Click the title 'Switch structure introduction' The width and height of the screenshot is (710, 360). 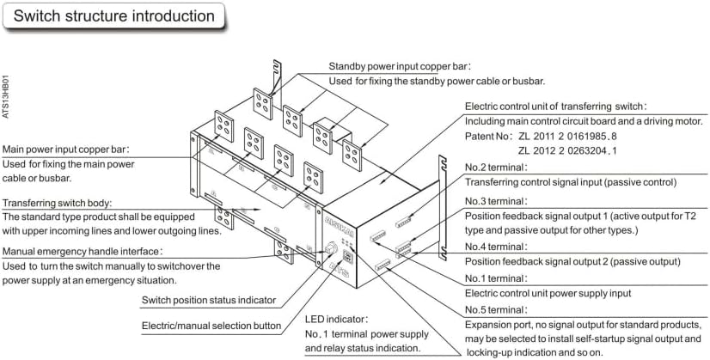click(114, 16)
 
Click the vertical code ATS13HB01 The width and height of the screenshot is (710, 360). click(8, 95)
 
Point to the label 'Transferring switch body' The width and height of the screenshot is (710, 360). click(69, 203)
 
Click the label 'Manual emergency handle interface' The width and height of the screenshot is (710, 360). click(83, 251)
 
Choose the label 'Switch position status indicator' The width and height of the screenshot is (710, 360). click(209, 300)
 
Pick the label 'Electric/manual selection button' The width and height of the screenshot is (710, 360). click(211, 326)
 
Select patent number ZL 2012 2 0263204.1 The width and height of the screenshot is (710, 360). click(580, 151)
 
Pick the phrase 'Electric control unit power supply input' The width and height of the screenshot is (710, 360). click(560, 293)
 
